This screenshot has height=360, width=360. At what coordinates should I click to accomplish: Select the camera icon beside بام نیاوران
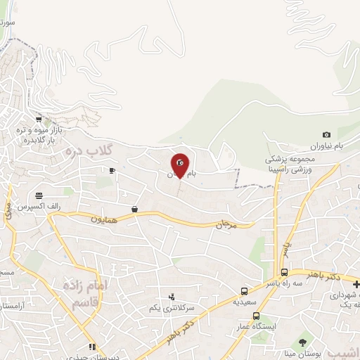(x=326, y=135)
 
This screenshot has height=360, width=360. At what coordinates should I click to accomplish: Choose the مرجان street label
(x=229, y=225)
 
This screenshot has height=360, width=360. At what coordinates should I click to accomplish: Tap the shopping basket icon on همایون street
(x=134, y=209)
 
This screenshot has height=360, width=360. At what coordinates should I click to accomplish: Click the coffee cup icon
(x=112, y=171)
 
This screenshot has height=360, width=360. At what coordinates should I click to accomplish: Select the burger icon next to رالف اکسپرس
(x=39, y=195)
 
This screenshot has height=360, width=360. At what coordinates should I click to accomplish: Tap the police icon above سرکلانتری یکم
(x=172, y=297)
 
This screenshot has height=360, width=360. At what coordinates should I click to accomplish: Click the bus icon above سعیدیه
(x=244, y=290)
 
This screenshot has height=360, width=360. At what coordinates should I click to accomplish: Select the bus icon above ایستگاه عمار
(x=256, y=316)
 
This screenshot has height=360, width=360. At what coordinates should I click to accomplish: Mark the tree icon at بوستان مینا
(x=302, y=342)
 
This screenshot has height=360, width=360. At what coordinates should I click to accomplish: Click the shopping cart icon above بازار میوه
(x=39, y=120)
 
